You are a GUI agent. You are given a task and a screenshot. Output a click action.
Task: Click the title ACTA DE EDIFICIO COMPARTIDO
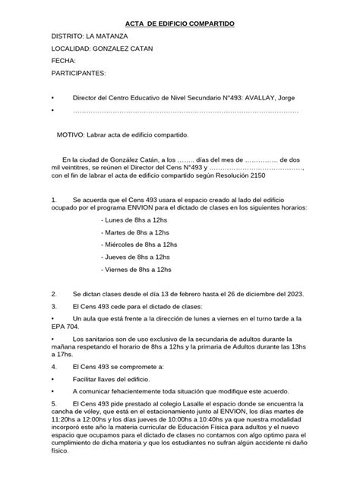[180, 24]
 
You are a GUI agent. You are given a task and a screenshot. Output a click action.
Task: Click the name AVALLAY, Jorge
[277, 99]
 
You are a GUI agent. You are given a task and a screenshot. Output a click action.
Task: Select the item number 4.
[53, 366]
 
